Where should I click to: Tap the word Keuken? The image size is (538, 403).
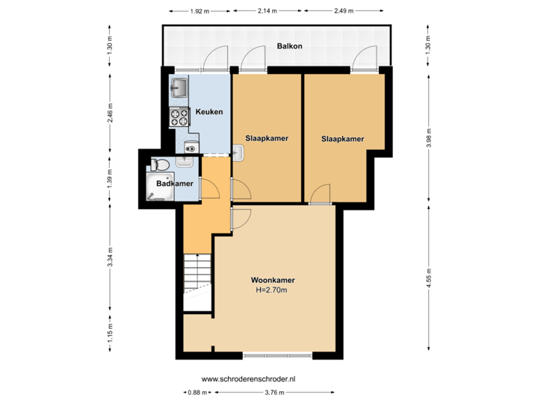(x=208, y=112)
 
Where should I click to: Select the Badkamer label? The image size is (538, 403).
(x=175, y=184)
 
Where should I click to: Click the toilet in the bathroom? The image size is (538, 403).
(x=158, y=164)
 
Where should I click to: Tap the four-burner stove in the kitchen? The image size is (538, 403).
(x=179, y=116)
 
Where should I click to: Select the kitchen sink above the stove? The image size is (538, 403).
(x=179, y=89)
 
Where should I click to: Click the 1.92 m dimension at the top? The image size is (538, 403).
(x=199, y=11)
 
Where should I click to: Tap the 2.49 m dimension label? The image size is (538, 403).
(x=343, y=11)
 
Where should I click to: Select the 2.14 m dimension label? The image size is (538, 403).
(x=267, y=11)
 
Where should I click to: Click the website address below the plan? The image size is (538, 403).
(x=249, y=380)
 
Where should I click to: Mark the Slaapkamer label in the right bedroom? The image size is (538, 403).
(x=342, y=139)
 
